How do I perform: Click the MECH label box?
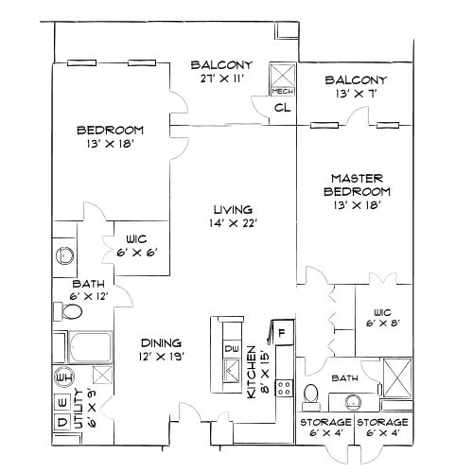(x=283, y=91)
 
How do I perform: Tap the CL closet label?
(x=282, y=108)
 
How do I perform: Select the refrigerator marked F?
(x=283, y=332)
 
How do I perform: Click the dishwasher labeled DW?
(x=232, y=349)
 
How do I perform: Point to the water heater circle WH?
(x=64, y=377)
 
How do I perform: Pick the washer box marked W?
(x=62, y=403)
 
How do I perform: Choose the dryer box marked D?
(x=62, y=422)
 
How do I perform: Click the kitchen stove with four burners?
(x=284, y=388)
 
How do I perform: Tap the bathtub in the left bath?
(x=91, y=347)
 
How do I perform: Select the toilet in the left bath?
(x=68, y=311)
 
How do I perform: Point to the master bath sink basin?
(x=353, y=402)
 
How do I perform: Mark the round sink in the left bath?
(x=65, y=255)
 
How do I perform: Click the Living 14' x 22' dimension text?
(x=234, y=223)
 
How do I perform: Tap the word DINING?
(x=161, y=342)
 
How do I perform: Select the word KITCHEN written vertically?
(x=252, y=372)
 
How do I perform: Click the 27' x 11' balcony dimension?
(x=222, y=79)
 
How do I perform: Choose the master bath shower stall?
(x=397, y=377)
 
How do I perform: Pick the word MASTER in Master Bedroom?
(x=358, y=179)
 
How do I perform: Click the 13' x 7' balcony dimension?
(x=357, y=94)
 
